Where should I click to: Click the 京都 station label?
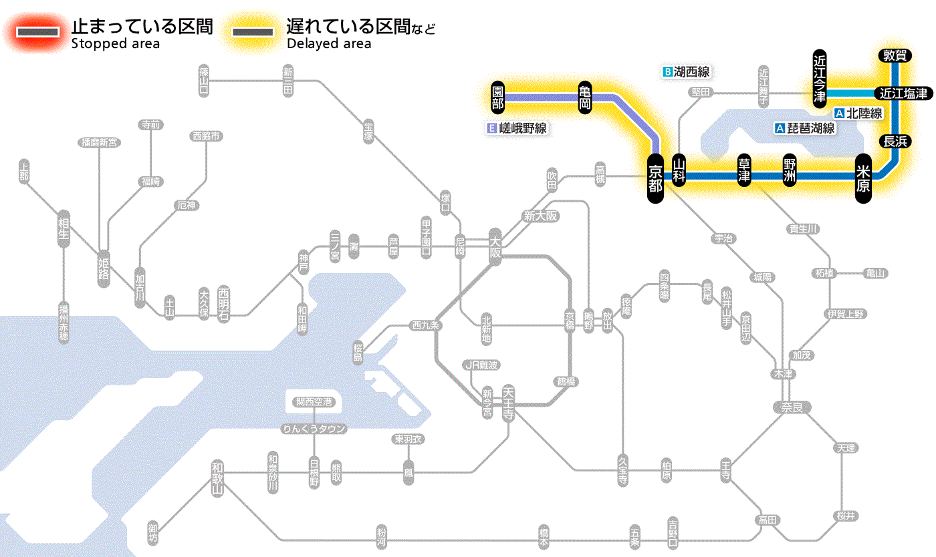click(x=655, y=177)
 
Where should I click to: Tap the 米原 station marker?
click(x=864, y=177)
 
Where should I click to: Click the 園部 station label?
click(x=497, y=98)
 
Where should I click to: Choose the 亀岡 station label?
click(x=585, y=98)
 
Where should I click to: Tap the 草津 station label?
click(x=744, y=171)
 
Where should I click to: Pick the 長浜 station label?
click(x=894, y=141)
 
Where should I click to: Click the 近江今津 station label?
click(x=820, y=77)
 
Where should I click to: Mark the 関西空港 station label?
click(x=314, y=402)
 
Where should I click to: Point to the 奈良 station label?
click(x=792, y=406)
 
